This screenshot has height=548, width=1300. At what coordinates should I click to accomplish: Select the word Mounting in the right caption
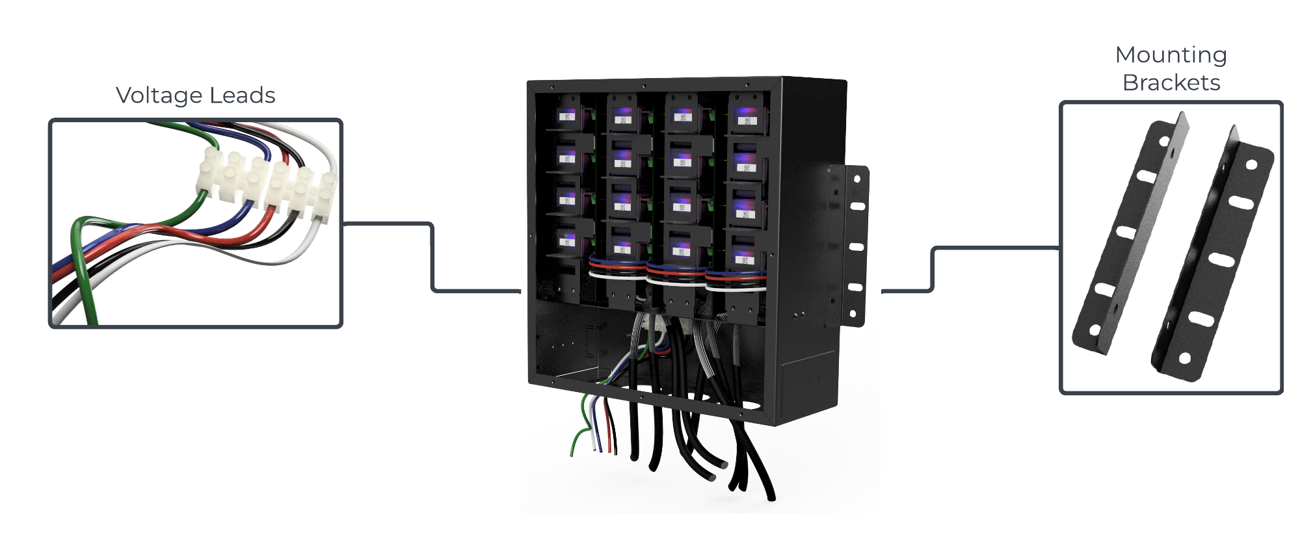1171,55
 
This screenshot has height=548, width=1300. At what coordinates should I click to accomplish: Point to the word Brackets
1171,83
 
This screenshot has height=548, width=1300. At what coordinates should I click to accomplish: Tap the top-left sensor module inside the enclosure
568,115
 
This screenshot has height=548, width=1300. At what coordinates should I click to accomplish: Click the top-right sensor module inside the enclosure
745,117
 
